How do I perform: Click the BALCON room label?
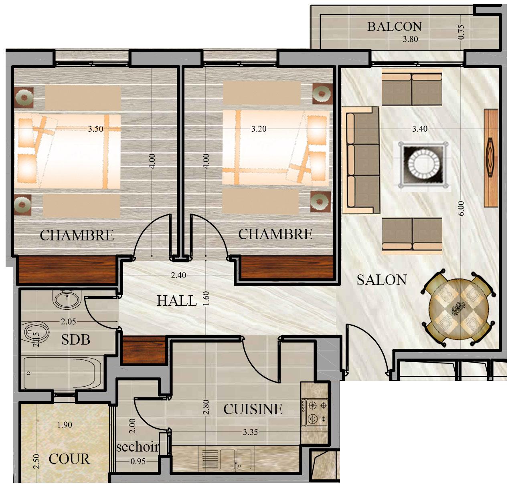tap(394, 27)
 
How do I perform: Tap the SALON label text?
tap(382, 280)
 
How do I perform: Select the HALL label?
tap(177, 301)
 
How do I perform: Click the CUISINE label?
tap(253, 409)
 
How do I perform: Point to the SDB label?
tap(75, 340)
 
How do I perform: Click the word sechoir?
tap(138, 447)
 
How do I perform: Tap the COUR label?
tap(69, 459)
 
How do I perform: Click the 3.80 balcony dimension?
tap(410, 39)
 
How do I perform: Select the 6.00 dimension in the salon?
tap(461, 208)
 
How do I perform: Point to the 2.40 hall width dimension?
tap(178, 275)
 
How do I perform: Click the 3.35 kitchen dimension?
tap(250, 432)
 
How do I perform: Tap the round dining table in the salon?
tap(459, 308)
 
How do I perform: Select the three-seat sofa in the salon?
tap(361, 160)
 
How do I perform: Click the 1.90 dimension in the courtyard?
tap(64, 425)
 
